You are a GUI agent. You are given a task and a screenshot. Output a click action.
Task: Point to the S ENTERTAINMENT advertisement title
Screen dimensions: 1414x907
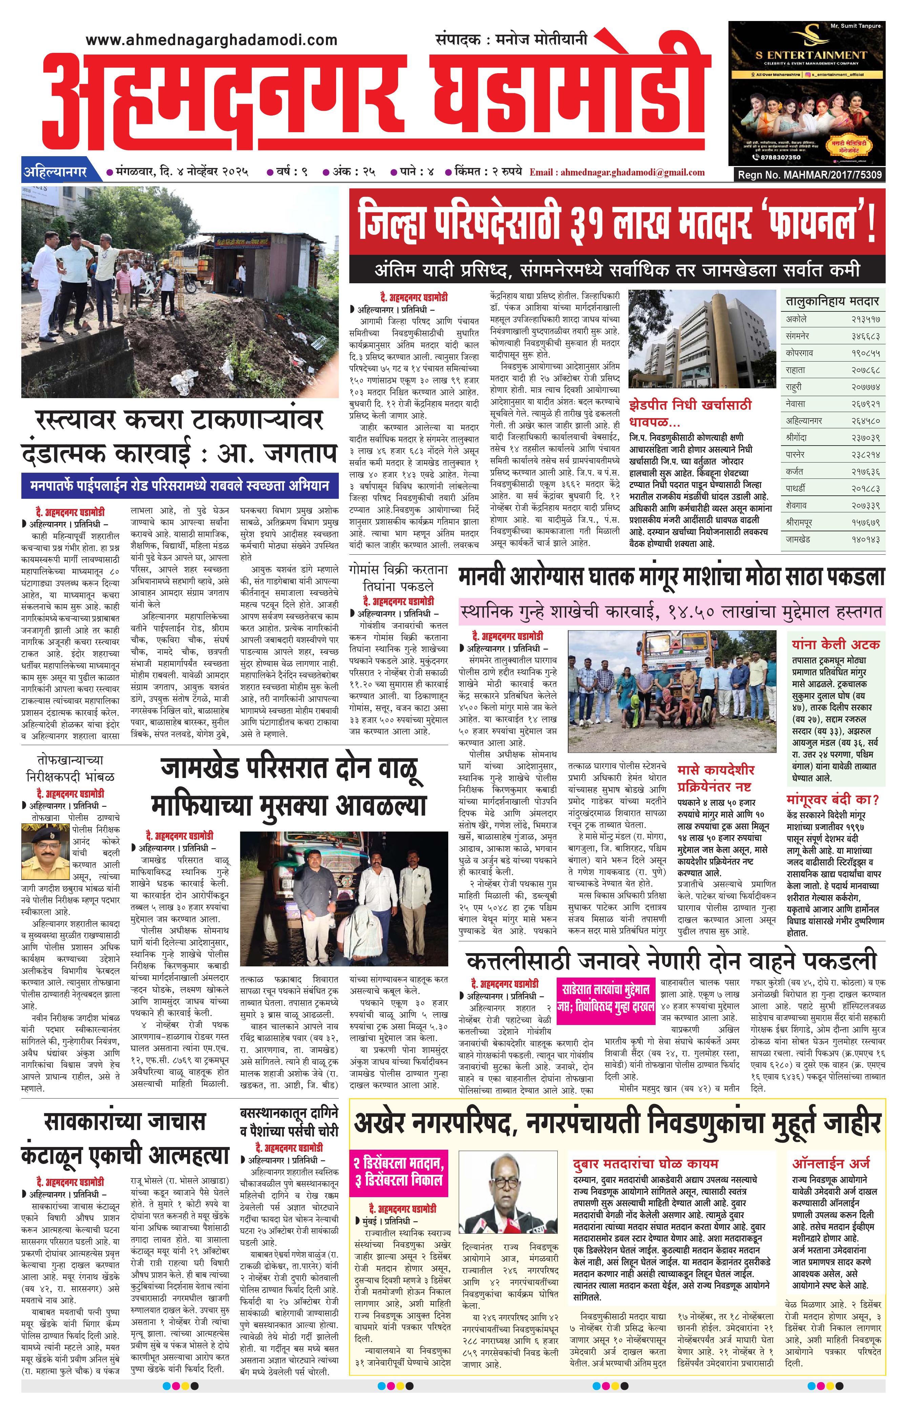[x=811, y=55]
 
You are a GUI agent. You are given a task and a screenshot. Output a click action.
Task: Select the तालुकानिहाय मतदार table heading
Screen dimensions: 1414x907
[x=832, y=301]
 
